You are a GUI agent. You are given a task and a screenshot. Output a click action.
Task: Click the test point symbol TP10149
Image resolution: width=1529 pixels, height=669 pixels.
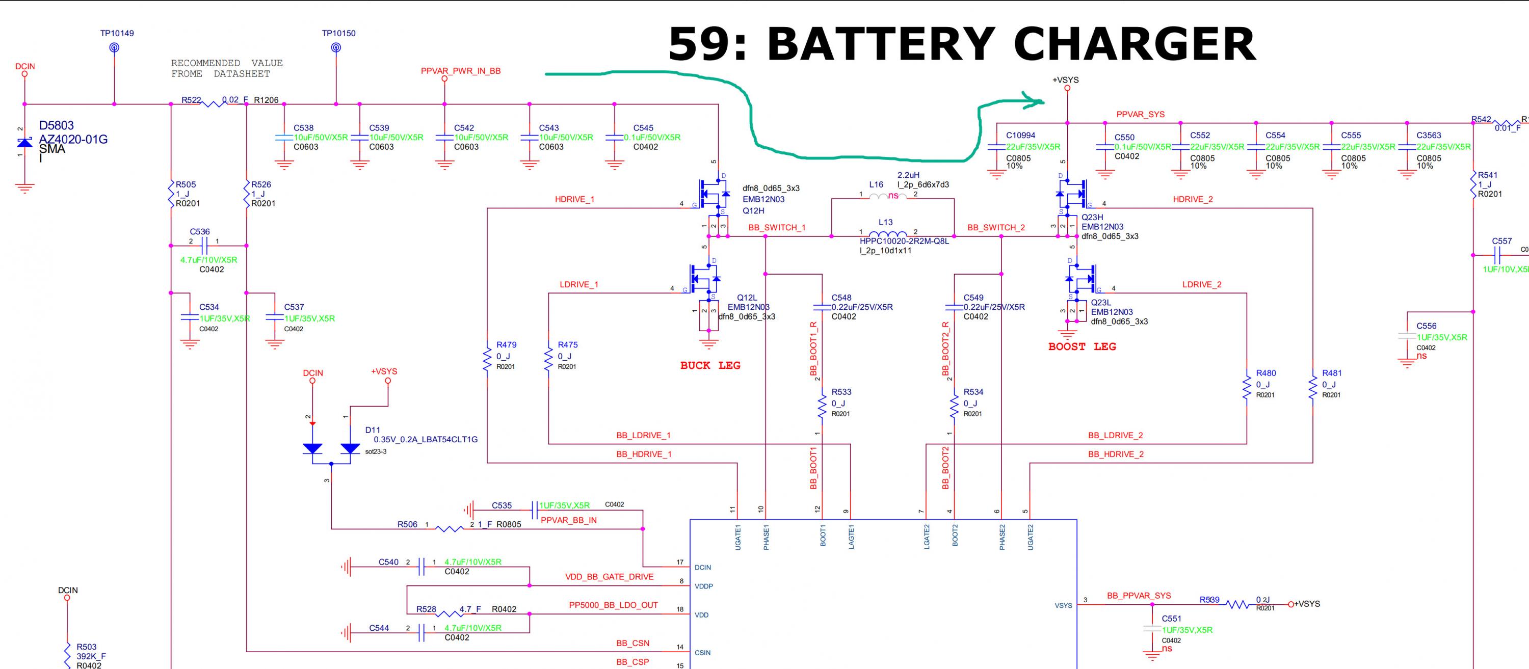[x=115, y=47]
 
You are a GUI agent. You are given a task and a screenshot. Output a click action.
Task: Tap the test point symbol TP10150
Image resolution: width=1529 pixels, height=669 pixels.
[x=336, y=47]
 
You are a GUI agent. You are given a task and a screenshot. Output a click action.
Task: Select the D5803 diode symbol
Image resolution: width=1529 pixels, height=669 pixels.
[x=24, y=143]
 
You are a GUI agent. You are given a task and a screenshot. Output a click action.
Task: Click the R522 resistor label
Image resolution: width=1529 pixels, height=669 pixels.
[x=191, y=100]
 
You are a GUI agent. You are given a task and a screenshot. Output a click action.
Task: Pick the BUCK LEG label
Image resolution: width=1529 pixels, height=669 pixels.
[x=710, y=366]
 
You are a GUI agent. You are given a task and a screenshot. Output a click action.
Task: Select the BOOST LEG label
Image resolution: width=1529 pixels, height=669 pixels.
[x=1082, y=346]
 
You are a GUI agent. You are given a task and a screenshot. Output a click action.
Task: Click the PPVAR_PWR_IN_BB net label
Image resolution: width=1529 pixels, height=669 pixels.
[x=461, y=71]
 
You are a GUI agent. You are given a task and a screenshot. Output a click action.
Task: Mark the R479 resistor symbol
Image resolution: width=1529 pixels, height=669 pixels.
[x=487, y=359]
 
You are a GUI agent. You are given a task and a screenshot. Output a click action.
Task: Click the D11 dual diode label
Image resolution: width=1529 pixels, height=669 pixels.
[x=372, y=430]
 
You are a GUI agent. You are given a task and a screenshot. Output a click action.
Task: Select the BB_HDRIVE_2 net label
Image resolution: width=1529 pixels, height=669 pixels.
[x=1115, y=454]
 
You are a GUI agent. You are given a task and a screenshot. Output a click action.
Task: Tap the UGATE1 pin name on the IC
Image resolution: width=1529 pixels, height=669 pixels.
[x=738, y=537]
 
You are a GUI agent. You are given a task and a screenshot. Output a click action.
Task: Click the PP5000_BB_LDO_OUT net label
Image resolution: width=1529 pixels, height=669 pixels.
[x=613, y=605]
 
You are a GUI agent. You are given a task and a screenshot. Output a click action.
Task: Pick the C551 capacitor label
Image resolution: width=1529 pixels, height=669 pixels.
[x=1171, y=619]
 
